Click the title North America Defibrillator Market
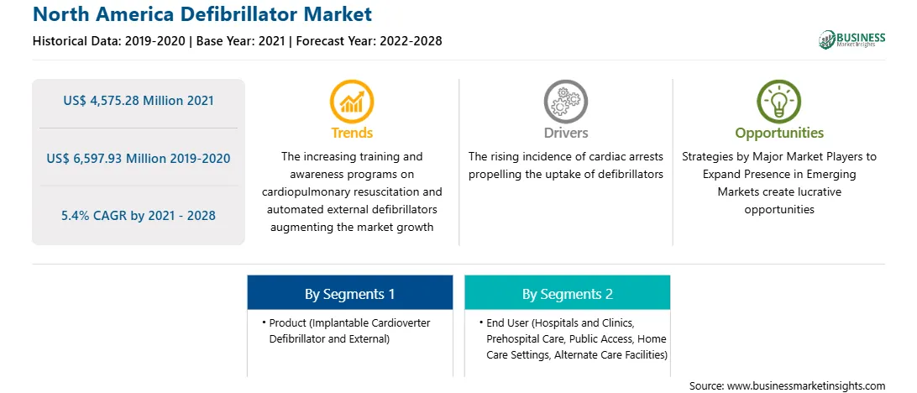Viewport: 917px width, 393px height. [x=202, y=14]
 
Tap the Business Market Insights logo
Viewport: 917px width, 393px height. [x=852, y=39]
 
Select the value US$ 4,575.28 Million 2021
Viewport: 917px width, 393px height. [x=139, y=101]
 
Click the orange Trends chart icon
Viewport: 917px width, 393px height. [x=352, y=101]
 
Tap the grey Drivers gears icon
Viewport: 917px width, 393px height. [x=565, y=101]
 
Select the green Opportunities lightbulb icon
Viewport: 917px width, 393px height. [x=779, y=101]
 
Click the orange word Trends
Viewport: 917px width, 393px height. [x=352, y=134]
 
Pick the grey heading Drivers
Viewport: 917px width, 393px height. [x=565, y=134]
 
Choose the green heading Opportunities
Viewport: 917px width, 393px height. [x=779, y=134]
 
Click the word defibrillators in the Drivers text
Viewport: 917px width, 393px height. [x=628, y=175]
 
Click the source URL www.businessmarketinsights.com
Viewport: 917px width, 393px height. [x=806, y=386]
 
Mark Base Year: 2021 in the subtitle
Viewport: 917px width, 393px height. [x=240, y=41]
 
